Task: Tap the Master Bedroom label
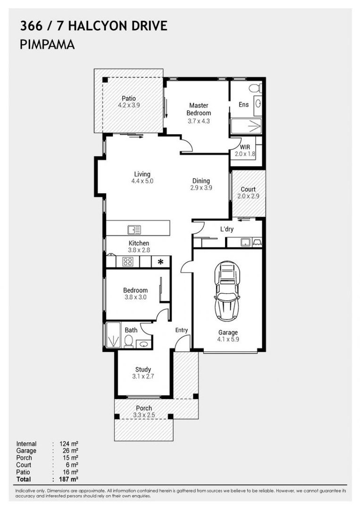click(x=199, y=109)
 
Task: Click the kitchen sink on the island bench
click(x=134, y=229)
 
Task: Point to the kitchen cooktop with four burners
click(x=127, y=262)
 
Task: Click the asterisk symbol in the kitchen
click(x=160, y=262)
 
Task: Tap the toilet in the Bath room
click(x=128, y=340)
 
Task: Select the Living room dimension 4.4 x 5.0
click(x=142, y=181)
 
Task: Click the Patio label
click(x=128, y=99)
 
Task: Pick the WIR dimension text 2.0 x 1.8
click(x=244, y=153)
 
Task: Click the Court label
click(x=248, y=189)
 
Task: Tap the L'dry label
click(x=227, y=229)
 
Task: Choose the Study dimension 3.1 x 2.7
click(x=143, y=376)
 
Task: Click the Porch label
click(x=144, y=408)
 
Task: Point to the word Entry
click(x=181, y=330)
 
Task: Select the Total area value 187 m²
click(x=68, y=479)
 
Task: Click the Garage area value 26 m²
click(x=68, y=451)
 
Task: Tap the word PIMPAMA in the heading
click(x=47, y=45)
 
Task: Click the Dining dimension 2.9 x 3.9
click(x=201, y=187)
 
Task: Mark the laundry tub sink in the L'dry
click(x=244, y=242)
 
